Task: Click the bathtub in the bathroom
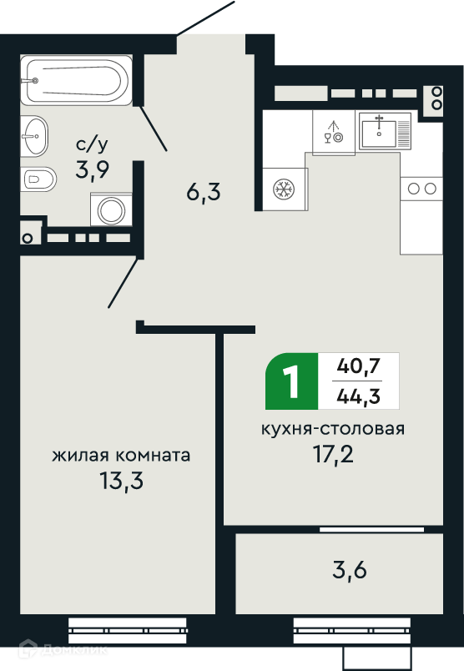76,80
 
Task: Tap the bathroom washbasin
34,136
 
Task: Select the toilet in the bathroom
38,179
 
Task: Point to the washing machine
111,209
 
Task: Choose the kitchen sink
385,131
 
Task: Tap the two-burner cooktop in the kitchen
421,189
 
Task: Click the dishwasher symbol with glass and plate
334,132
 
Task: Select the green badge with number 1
292,381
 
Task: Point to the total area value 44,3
358,396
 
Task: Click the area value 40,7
358,366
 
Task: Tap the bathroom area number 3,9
92,170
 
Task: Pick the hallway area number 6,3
204,192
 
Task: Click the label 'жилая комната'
121,455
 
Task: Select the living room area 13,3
122,481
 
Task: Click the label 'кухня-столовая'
333,428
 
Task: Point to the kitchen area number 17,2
334,455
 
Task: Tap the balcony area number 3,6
350,570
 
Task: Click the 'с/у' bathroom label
92,145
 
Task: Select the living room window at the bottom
128,630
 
